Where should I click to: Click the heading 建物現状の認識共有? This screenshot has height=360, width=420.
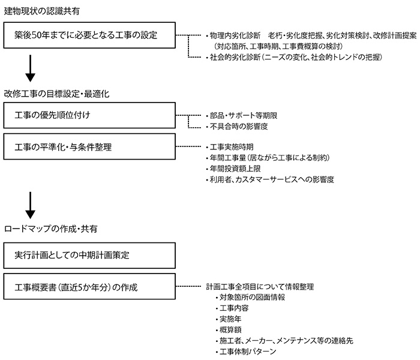point(42,11)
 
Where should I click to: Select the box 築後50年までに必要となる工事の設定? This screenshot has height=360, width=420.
point(89,35)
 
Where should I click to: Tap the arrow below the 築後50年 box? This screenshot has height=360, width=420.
point(30,68)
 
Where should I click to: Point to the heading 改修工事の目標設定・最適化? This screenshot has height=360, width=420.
point(56,94)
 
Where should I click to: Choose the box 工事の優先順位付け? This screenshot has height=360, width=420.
point(89,115)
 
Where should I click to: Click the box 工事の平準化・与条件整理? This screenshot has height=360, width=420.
point(89,147)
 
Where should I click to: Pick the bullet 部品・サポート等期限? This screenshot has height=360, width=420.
point(242,115)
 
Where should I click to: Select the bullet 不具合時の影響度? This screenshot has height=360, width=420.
point(237,127)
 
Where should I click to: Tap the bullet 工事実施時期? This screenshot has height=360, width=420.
point(230,147)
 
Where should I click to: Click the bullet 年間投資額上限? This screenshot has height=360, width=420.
point(233,169)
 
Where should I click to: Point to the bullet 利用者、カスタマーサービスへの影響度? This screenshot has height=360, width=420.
point(270,179)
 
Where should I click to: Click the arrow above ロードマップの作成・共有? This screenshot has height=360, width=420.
point(30,205)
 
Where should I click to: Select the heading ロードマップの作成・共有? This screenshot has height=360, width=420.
point(50,229)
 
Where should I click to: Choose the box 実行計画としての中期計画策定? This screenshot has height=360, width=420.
point(89,256)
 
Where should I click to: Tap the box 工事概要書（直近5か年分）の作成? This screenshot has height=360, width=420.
point(89,286)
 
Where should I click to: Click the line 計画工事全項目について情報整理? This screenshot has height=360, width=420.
point(260,287)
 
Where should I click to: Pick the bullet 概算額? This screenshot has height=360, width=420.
point(229,330)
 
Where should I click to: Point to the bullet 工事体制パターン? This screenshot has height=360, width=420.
point(246,351)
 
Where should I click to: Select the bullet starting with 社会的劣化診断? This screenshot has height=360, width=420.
point(294,57)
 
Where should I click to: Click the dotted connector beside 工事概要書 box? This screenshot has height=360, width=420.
point(188,286)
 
